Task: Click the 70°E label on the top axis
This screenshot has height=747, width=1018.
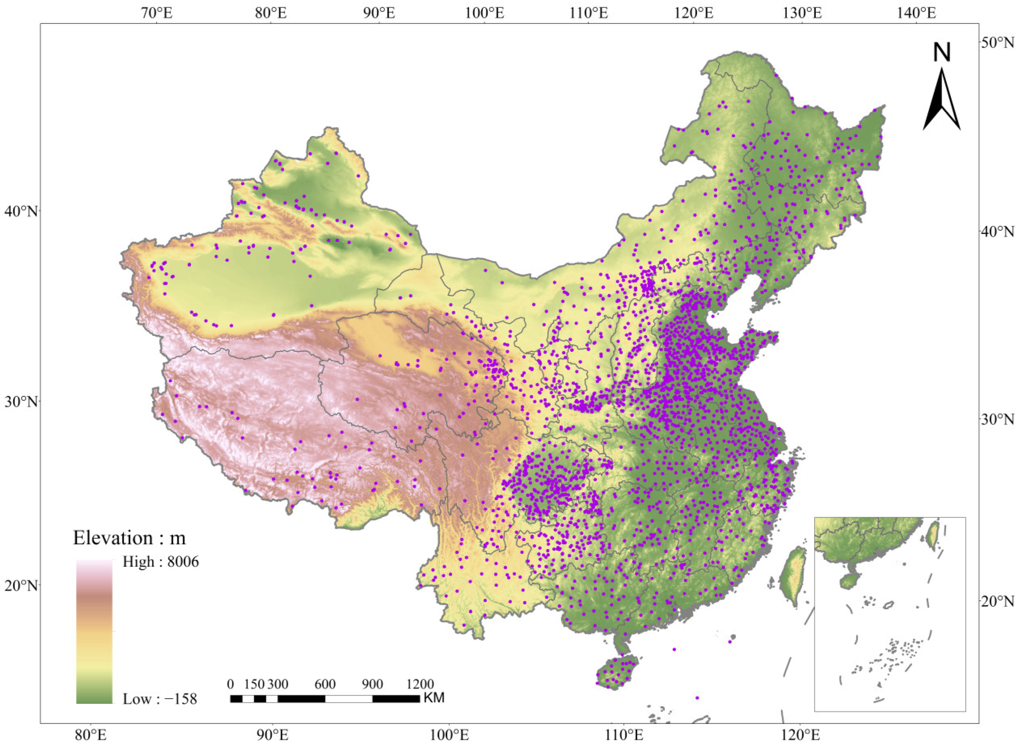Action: [157, 13]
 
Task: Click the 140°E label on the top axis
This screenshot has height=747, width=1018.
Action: [916, 13]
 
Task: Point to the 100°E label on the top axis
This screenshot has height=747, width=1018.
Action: [485, 13]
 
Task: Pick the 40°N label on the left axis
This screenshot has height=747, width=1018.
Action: [20, 211]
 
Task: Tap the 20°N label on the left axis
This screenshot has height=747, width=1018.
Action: [20, 585]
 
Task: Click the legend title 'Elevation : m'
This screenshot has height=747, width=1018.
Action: [129, 538]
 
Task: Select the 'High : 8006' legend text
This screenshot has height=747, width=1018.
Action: [160, 562]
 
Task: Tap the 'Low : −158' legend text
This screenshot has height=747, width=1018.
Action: [160, 699]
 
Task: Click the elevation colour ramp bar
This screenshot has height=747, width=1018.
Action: [94, 631]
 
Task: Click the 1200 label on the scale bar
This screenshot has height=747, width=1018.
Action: [419, 684]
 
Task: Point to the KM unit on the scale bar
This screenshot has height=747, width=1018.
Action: [434, 698]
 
